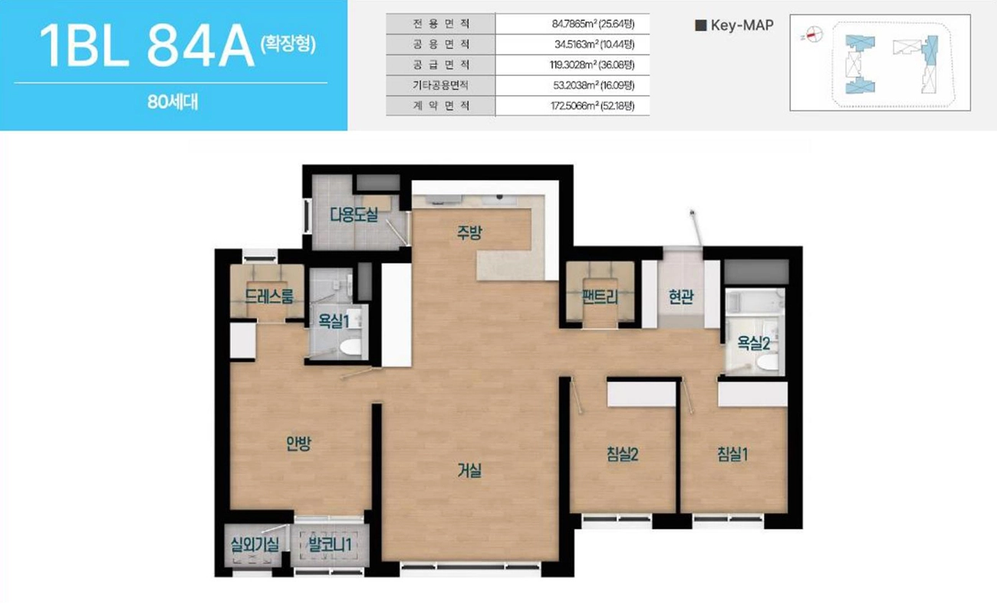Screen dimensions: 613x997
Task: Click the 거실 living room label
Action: pyautogui.click(x=469, y=472)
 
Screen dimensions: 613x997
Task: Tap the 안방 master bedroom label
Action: pyautogui.click(x=298, y=444)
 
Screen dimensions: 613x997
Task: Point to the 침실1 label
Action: pyautogui.click(x=732, y=454)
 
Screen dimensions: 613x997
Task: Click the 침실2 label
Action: pyautogui.click(x=623, y=454)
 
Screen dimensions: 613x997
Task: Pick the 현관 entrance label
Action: pyautogui.click(x=681, y=297)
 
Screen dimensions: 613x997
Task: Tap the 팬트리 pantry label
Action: pyautogui.click(x=600, y=297)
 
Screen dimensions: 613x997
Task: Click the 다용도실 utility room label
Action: pyautogui.click(x=354, y=215)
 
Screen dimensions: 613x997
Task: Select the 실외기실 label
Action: pyautogui.click(x=255, y=546)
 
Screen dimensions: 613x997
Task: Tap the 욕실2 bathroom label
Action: pyautogui.click(x=754, y=343)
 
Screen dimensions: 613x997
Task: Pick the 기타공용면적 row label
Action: pyautogui.click(x=440, y=85)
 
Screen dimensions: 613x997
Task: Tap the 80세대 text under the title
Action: pyautogui.click(x=173, y=103)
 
